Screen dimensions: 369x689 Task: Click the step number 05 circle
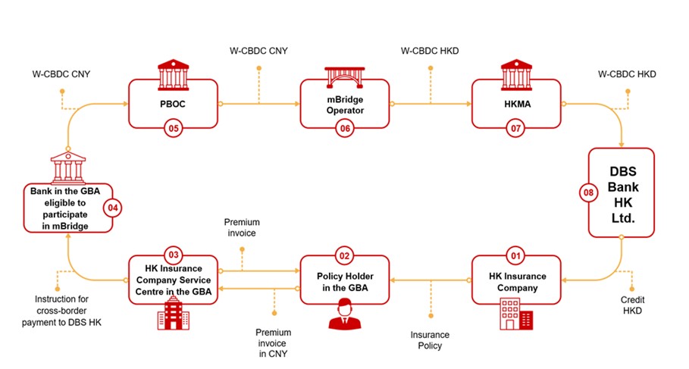tap(174, 129)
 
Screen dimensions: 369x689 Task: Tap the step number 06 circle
tap(346, 129)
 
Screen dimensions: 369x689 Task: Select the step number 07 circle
tap(516, 129)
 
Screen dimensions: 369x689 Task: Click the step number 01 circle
tap(516, 255)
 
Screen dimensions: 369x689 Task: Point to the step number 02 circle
tap(346, 255)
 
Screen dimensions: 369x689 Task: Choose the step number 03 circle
tap(174, 255)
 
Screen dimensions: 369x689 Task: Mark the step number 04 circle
tap(114, 207)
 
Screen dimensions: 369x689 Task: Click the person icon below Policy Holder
tap(345, 314)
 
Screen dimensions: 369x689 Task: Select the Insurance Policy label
tap(430, 340)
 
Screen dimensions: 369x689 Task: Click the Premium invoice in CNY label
tap(273, 343)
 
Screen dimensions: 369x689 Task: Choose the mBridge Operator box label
tap(346, 104)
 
